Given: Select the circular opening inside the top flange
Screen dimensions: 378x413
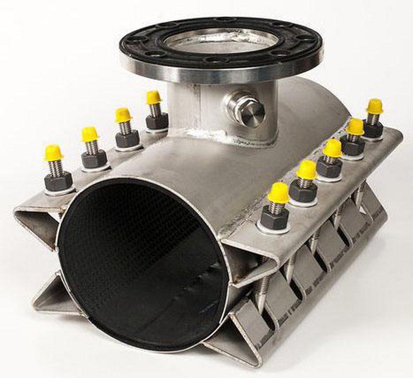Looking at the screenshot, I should [x=221, y=41].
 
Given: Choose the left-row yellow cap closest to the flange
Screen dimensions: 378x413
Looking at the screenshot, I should [x=154, y=97].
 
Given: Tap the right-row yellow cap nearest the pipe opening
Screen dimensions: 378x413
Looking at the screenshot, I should [x=278, y=193].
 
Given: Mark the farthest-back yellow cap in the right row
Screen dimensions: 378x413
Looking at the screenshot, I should [x=375, y=106].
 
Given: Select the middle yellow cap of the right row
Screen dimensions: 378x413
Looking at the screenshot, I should [x=332, y=148].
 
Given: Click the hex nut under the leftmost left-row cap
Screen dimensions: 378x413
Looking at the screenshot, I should [x=58, y=181].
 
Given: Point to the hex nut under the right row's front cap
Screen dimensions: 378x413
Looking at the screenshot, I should [x=275, y=218].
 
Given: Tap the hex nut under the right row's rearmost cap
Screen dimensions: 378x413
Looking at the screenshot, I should [x=373, y=129].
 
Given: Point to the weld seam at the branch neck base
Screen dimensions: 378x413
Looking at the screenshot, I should [x=223, y=139].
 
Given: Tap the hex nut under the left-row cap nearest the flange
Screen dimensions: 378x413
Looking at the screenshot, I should [x=157, y=121].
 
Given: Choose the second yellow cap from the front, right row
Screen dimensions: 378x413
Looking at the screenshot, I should [x=307, y=170].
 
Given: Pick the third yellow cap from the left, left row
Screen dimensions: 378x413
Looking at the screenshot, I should [x=123, y=115].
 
